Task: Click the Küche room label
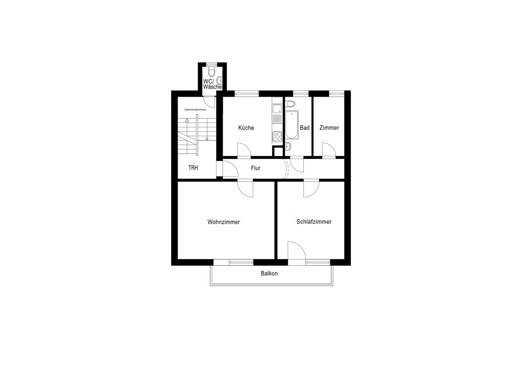246,128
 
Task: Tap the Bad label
304,128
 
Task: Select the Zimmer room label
329,128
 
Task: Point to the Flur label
255,168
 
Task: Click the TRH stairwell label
193,168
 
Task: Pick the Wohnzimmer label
224,222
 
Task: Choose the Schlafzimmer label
314,222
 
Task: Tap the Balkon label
269,273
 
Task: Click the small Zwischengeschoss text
195,109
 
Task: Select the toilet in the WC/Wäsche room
212,71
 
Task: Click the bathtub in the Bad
291,125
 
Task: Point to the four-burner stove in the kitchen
277,136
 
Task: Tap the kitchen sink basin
277,108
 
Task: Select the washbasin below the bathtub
288,147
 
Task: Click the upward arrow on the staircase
187,120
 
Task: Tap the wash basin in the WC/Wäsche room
219,80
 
